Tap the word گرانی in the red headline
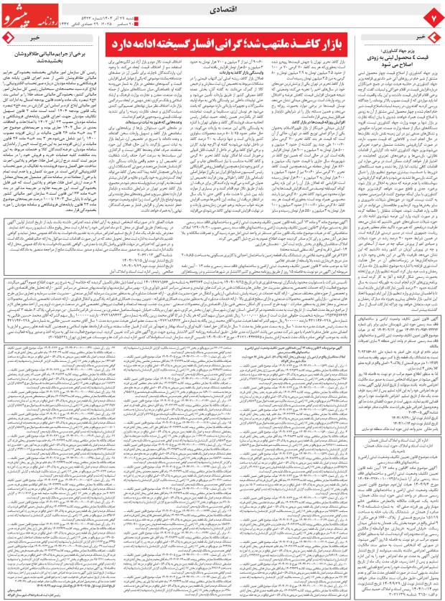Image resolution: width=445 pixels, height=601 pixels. [x=235, y=45]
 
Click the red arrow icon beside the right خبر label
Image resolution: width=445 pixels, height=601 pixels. [x=435, y=35]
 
